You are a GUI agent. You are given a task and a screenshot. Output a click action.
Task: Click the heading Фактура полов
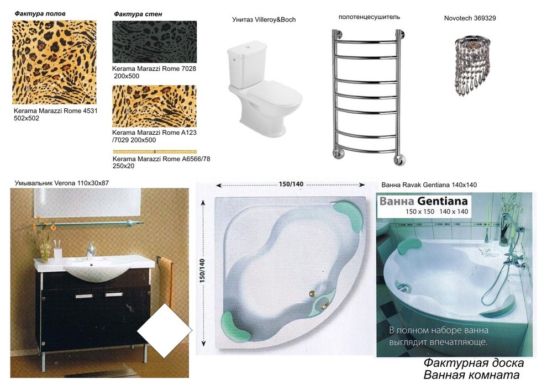coord(40,14)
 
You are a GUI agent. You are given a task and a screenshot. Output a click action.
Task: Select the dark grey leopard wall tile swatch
coord(155,42)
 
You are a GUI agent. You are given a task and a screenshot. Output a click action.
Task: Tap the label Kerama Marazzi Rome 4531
coord(56,111)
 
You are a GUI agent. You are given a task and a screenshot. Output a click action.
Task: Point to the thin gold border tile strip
coord(155,152)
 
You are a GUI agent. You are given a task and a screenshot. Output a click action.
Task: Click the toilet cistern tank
coord(247,64)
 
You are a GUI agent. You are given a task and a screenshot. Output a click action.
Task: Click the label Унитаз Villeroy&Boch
coord(264,20)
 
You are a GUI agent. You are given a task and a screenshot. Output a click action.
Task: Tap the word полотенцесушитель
coord(369,17)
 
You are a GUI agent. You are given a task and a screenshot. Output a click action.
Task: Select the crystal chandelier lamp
coord(472,66)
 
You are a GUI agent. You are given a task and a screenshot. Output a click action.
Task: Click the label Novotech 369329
coord(470,18)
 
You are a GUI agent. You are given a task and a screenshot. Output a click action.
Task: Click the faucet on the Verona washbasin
coord(91,250)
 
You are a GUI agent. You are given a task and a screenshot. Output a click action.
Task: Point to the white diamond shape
coord(165,330)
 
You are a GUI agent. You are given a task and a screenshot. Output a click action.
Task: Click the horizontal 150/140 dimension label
coord(291,184)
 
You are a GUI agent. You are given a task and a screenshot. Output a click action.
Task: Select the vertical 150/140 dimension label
coord(202,271)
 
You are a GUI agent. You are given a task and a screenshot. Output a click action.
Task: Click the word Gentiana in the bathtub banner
coord(442,201)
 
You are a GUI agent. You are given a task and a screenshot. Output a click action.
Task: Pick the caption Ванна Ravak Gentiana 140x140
coord(429,185)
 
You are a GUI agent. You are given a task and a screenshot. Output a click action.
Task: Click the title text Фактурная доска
coord(474,363)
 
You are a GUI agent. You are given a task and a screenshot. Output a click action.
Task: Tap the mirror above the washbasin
coord(87,203)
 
